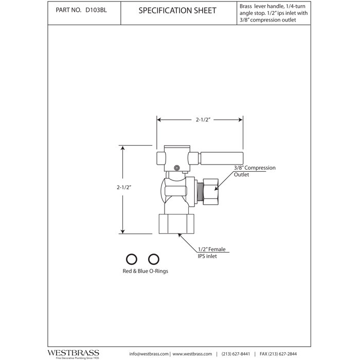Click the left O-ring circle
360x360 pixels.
pos(132,258)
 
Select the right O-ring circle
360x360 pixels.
pos(152,258)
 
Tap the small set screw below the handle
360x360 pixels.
pos(176,167)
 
